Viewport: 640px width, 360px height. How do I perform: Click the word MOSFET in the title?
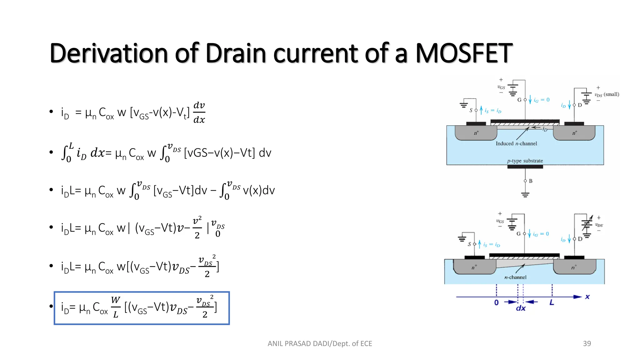464,53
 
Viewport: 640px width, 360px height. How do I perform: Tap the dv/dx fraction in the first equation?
199,112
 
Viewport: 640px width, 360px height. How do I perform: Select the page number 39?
587,343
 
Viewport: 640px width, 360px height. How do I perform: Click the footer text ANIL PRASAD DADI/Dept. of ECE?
320,343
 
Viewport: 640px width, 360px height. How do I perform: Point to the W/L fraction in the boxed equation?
116,307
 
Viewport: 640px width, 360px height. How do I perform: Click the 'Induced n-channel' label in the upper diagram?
516,143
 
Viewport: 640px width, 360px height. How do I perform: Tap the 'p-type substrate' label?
525,161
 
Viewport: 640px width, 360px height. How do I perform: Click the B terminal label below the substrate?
531,181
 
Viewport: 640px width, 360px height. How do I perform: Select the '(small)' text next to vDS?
611,94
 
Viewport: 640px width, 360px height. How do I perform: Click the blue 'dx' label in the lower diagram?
521,308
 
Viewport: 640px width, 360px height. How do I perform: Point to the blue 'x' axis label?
587,297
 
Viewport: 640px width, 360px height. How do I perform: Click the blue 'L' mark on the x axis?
552,302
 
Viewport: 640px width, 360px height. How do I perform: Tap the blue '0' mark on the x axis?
496,302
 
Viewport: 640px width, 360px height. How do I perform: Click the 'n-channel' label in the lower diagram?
515,277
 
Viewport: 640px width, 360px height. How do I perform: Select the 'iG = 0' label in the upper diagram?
542,100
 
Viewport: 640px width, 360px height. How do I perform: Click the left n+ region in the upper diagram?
476,133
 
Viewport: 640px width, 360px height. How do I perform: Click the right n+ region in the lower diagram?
574,267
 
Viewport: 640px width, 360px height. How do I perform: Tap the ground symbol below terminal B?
525,194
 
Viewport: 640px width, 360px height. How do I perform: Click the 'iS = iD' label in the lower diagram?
492,245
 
